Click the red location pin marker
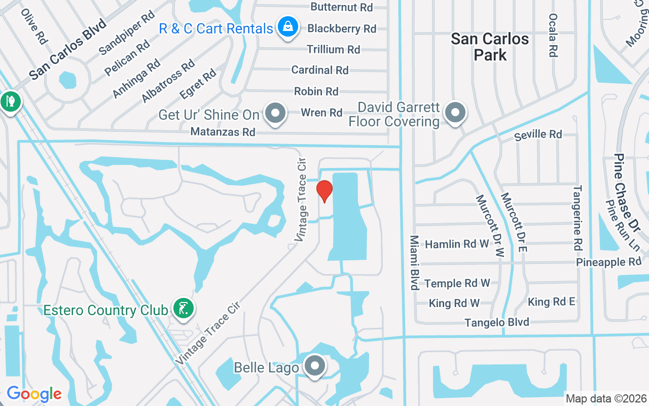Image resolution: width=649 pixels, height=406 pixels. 324,191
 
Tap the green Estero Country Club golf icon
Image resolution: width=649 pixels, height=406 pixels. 183,308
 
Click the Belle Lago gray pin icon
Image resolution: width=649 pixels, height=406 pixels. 315,365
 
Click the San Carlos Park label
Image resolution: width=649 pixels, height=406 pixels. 490,47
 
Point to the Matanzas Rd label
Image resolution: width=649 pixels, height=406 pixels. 223,132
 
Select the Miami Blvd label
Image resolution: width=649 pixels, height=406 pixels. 414,262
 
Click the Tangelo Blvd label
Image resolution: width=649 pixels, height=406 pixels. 497,322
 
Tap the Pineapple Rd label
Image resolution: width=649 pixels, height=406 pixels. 608,262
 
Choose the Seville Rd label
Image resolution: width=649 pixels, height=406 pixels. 537,134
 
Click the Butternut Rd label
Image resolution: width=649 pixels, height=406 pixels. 342,7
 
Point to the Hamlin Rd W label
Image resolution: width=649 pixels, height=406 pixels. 457,244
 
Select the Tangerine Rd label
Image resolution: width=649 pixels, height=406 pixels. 578,218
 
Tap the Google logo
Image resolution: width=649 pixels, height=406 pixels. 34,393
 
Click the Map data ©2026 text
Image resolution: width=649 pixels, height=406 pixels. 606,398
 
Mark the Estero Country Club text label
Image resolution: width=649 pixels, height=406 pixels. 105,310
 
